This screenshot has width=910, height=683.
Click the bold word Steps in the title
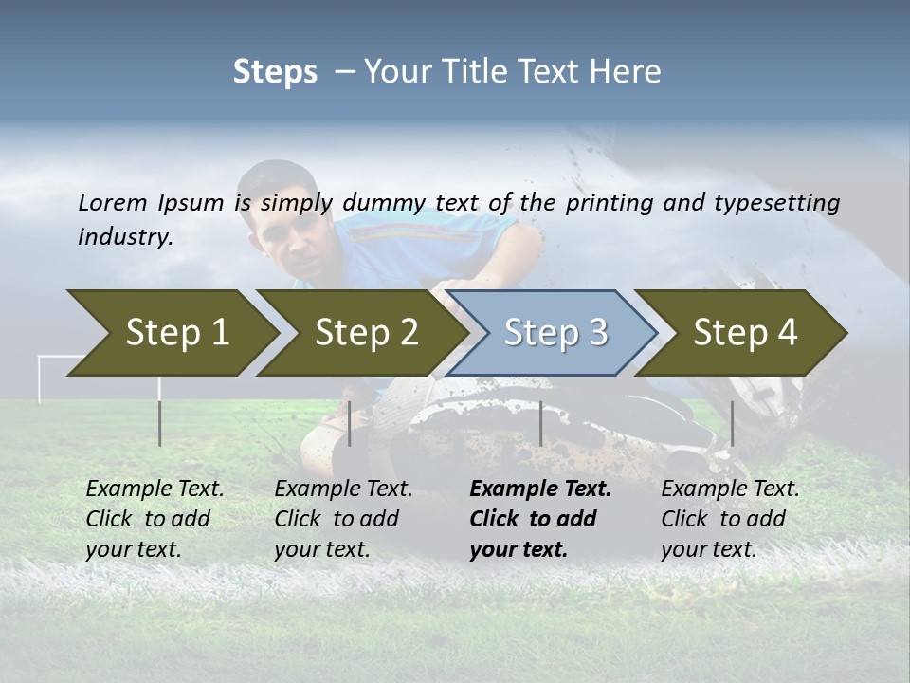point(275,72)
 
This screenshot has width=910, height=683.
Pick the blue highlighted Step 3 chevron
point(555,332)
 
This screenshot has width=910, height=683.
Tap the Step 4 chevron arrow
point(745,332)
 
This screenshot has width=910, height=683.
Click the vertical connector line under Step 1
point(160,423)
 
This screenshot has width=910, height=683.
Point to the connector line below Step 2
point(350,423)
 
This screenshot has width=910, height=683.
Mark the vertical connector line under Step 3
point(540,423)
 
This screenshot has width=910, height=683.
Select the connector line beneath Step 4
point(732,423)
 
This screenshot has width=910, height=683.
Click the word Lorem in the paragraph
point(113,202)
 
